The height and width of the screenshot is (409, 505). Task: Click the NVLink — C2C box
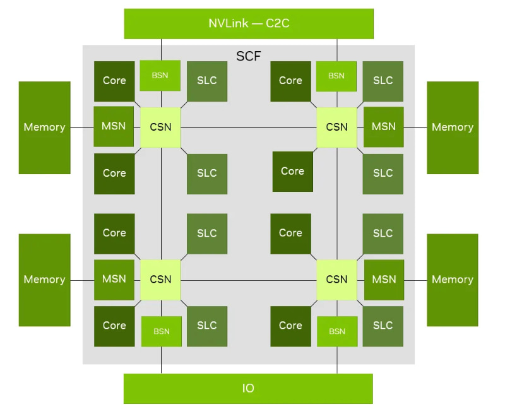point(249,24)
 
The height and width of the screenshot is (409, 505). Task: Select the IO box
point(248,388)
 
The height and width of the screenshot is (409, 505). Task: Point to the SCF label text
point(248,56)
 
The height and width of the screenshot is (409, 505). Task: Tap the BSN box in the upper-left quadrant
point(160,75)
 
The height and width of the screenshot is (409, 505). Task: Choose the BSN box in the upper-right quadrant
point(336,76)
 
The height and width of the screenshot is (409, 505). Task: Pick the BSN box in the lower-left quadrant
point(162,331)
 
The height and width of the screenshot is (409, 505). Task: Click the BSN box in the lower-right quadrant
point(337,331)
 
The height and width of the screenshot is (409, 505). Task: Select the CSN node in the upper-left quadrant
point(160,127)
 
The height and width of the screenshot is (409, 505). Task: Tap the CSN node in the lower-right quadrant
point(336,280)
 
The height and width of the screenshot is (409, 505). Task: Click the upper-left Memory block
point(44,127)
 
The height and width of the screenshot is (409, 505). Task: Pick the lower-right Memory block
point(453,280)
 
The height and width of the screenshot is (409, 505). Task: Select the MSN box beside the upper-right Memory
point(384,127)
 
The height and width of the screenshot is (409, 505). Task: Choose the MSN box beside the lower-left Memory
point(114,280)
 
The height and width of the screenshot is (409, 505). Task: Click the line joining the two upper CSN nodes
point(249,128)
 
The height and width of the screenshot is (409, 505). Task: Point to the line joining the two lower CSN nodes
point(249,280)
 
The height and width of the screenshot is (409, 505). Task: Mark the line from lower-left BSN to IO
point(162,360)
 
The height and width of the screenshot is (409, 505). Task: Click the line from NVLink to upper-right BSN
point(337,50)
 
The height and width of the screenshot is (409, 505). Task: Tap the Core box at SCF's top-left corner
point(114,81)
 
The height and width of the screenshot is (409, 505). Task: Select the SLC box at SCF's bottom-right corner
point(383,326)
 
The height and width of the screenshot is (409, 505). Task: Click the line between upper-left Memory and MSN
point(82,128)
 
